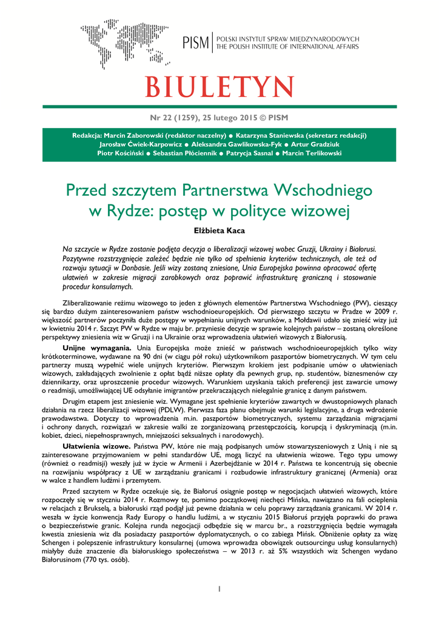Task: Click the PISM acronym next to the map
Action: click(x=196, y=42)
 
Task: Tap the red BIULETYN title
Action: click(x=219, y=87)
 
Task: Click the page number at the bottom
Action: click(x=219, y=588)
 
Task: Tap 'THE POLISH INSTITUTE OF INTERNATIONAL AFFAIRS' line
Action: click(x=288, y=47)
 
